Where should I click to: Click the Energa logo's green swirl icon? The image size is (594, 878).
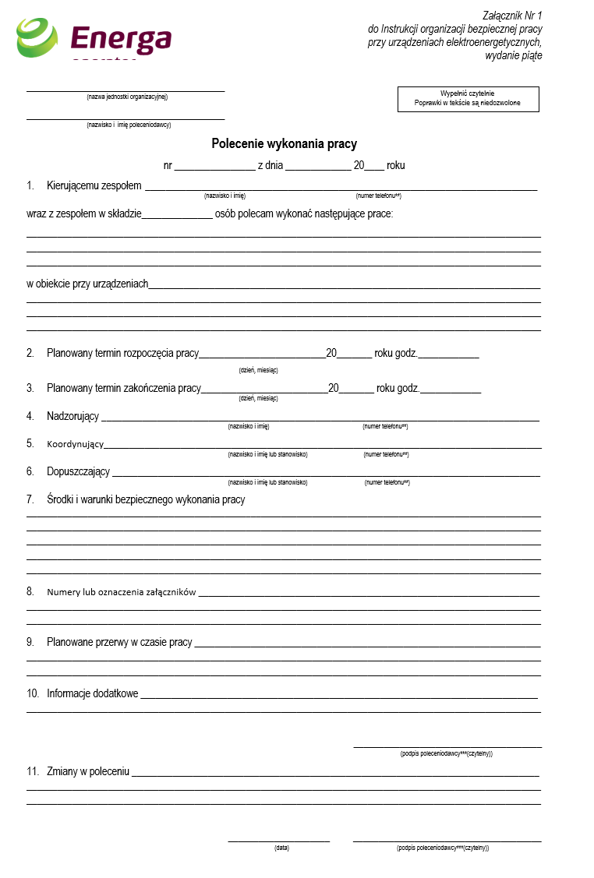37,38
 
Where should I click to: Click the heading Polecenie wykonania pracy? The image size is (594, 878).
284,144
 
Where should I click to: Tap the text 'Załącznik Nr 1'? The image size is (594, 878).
512,16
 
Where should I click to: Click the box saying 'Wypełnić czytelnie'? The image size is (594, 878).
468,98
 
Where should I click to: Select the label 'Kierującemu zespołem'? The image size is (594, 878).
94,186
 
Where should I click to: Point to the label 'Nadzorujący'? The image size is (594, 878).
72,416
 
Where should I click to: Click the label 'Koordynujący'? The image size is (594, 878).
75,444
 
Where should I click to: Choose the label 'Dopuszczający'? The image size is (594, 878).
78,472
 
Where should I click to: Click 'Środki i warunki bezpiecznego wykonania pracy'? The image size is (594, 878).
146,500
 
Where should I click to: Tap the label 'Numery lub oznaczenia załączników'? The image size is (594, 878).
121,592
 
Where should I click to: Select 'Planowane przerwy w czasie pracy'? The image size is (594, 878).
119,643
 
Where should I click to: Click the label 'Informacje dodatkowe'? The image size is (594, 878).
93,693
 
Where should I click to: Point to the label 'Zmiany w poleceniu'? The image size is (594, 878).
88,772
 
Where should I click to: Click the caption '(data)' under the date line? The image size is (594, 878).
281,848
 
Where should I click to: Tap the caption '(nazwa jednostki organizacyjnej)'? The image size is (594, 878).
127,97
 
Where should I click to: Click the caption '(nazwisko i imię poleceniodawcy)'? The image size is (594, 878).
129,125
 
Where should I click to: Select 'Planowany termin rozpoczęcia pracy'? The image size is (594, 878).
122,353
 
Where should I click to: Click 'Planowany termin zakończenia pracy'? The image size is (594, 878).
124,388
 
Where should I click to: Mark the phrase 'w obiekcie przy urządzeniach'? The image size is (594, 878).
87,284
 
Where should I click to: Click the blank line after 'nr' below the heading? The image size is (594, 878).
210,166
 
